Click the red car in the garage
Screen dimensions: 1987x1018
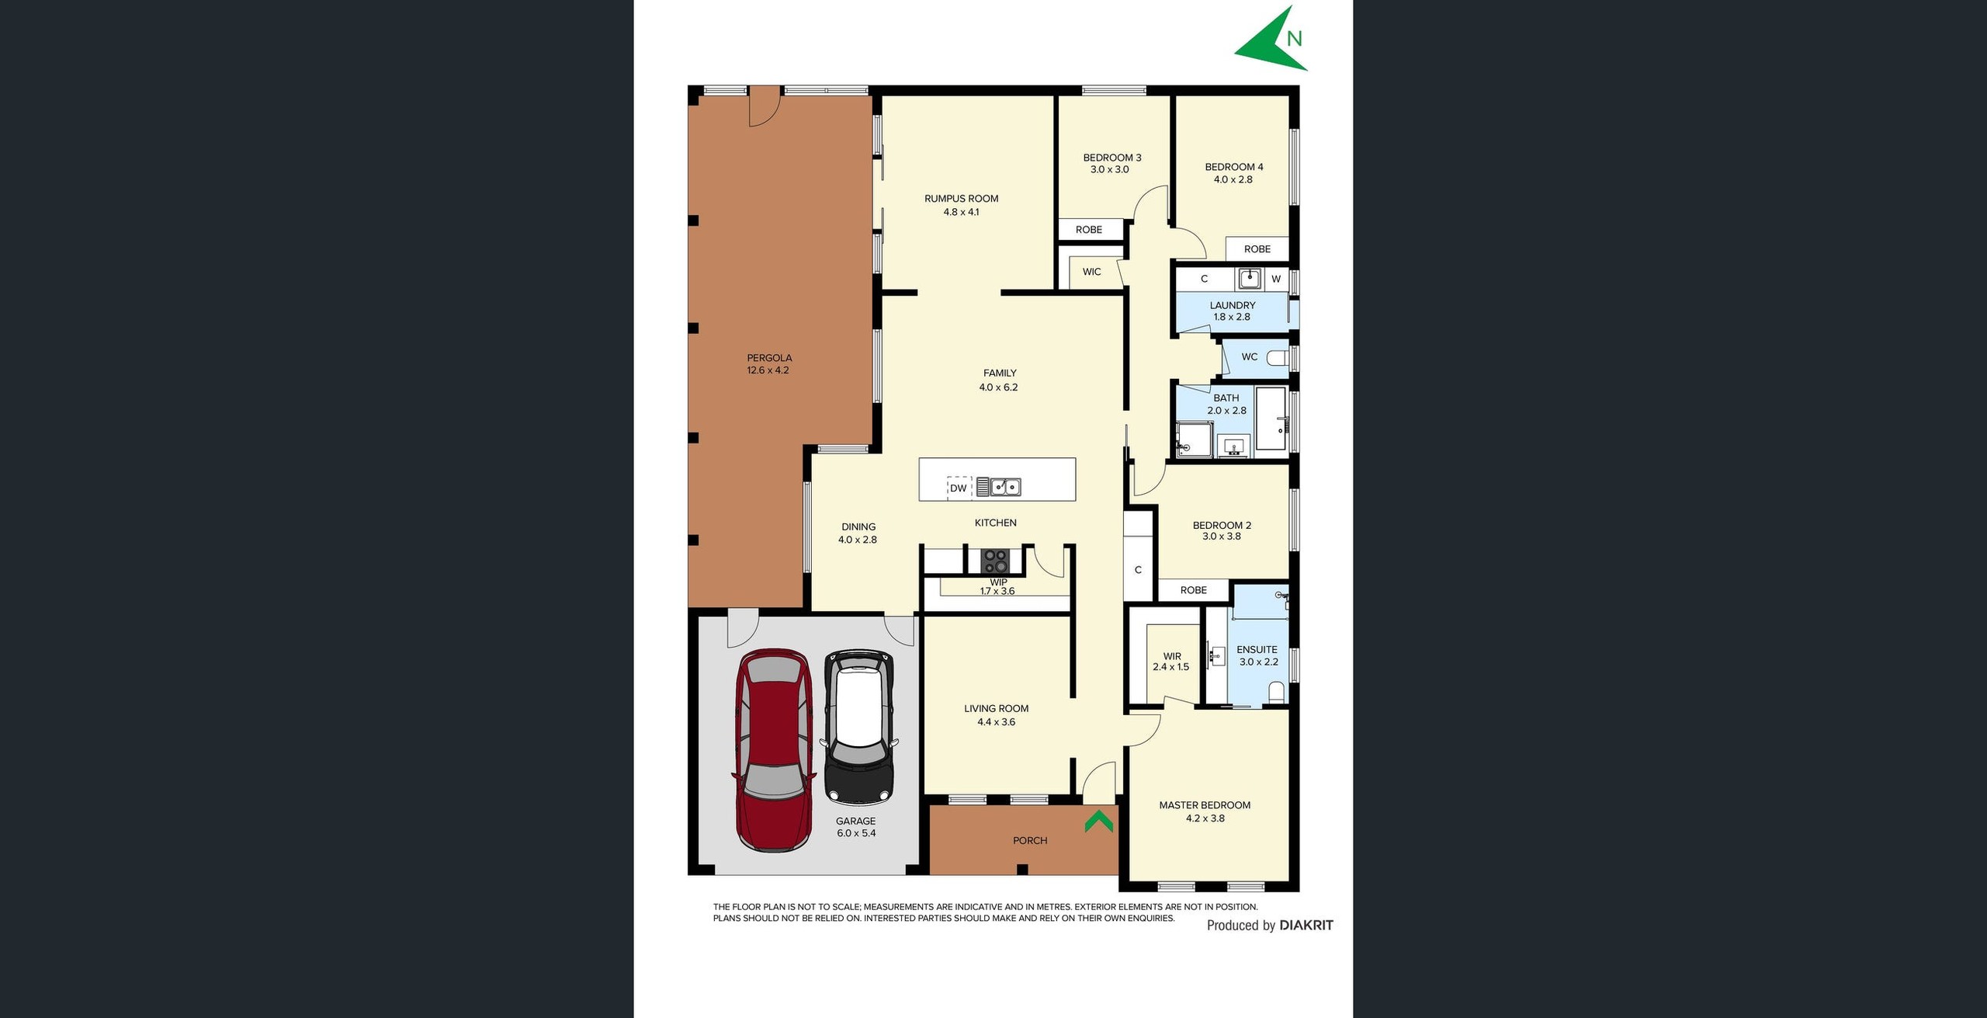(x=774, y=749)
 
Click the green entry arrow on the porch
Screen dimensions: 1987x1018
(x=1098, y=821)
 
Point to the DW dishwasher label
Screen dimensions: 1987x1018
(x=959, y=488)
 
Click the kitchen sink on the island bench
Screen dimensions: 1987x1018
(x=1006, y=487)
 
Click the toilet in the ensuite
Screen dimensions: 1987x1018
(x=1276, y=691)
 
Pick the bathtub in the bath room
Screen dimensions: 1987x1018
(x=1271, y=419)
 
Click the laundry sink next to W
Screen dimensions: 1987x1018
(x=1249, y=279)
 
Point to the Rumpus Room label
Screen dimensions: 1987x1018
(x=961, y=199)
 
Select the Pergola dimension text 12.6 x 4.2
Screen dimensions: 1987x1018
(x=768, y=370)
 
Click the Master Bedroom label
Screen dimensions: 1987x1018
(x=1205, y=805)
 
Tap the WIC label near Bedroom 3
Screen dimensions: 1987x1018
(x=1091, y=272)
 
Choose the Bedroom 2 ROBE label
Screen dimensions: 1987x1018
(x=1193, y=590)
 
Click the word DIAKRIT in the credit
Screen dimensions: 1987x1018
(x=1306, y=925)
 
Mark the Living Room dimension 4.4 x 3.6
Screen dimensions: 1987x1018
(x=996, y=722)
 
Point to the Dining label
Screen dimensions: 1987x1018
(x=858, y=526)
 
